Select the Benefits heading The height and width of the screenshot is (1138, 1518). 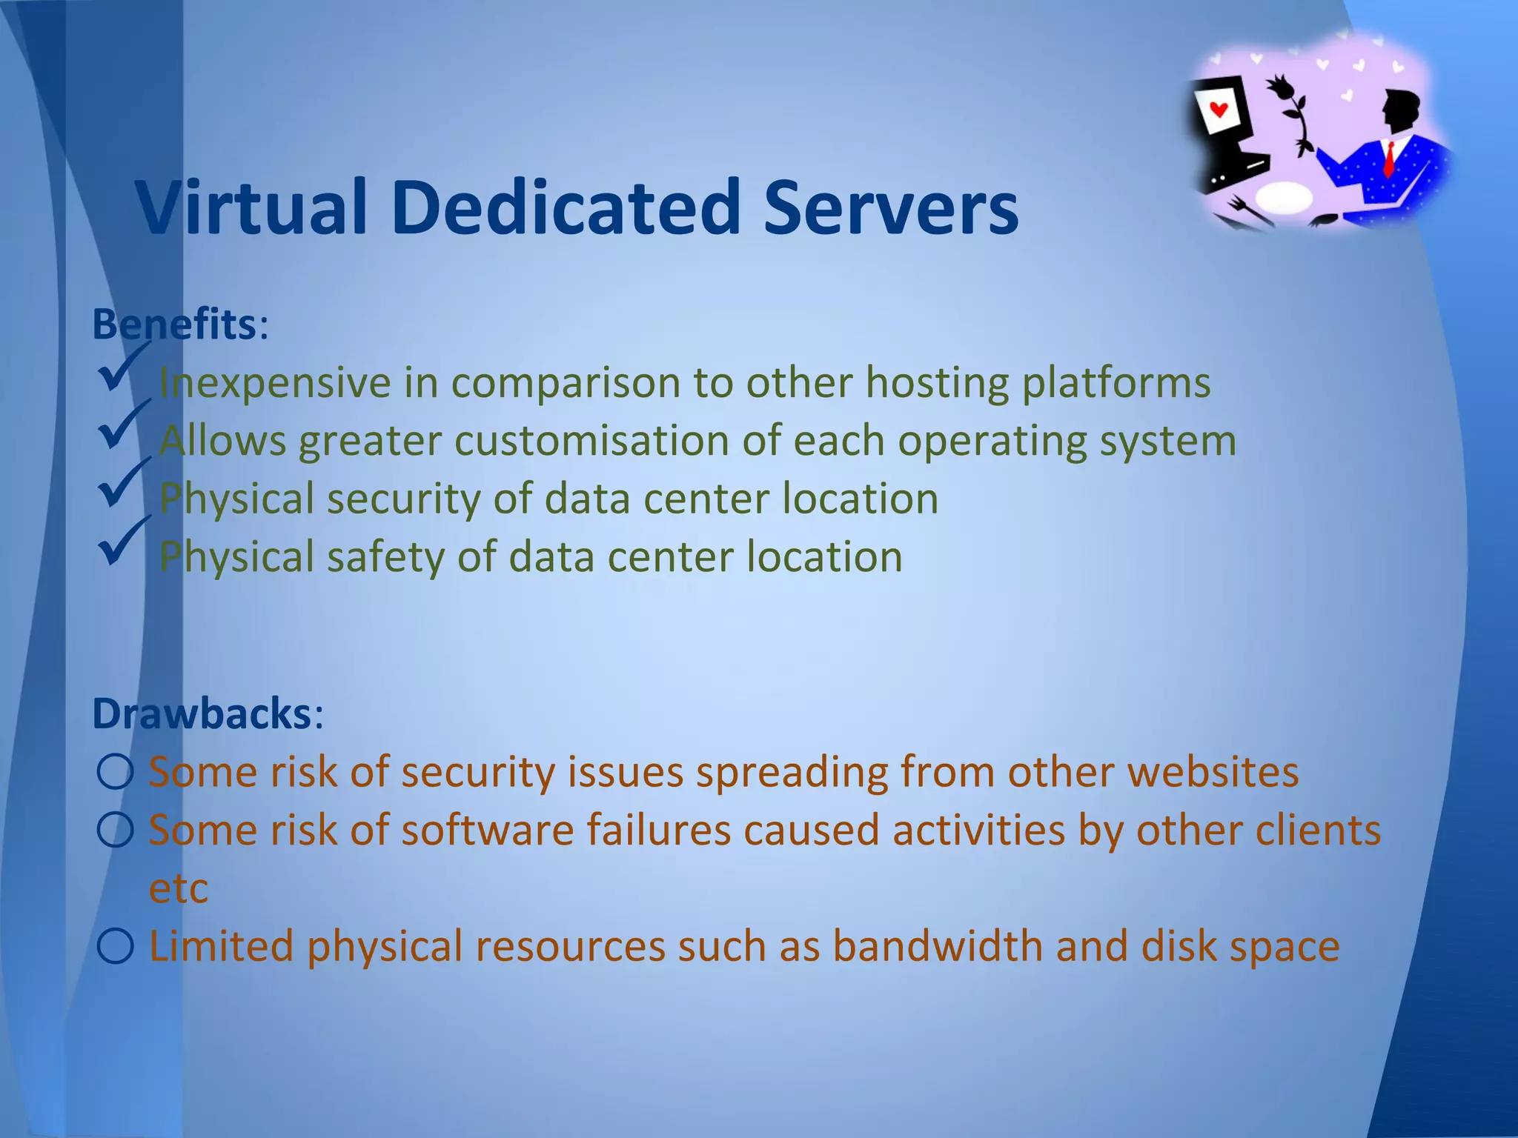pos(174,325)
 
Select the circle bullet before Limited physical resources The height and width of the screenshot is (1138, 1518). pos(115,946)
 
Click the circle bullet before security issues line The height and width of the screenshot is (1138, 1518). pos(115,772)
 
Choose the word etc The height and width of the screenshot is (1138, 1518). pos(178,888)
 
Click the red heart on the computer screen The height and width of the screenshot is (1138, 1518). pos(1219,110)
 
